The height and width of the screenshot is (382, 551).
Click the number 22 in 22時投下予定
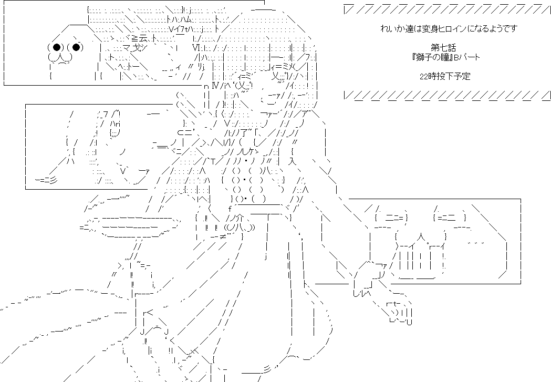tap(423, 76)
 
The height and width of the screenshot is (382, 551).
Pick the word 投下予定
tap(456, 76)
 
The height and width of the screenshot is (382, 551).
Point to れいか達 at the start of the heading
tap(395, 28)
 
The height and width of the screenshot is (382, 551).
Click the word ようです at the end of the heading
tap(503, 28)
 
